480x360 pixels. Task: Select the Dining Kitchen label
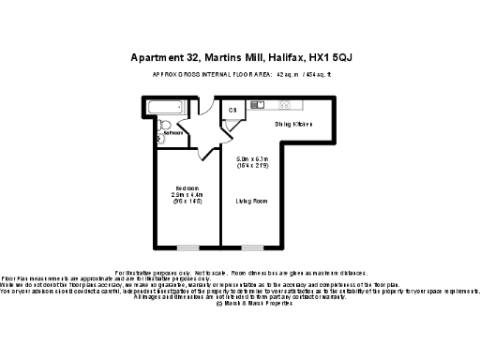(x=292, y=124)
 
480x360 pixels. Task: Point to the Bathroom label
(x=172, y=133)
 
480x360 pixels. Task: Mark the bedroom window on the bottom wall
(x=189, y=247)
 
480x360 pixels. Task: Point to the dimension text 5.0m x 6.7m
(x=252, y=160)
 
